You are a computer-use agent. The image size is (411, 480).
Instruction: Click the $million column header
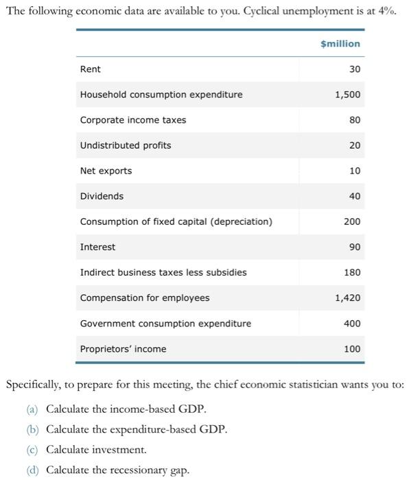[x=340, y=44]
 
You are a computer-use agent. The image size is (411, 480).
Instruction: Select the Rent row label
[x=91, y=69]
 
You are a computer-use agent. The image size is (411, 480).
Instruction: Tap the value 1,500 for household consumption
[x=347, y=95]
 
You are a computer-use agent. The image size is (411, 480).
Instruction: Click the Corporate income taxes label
[x=133, y=120]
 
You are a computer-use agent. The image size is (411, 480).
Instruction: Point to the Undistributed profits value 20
[x=354, y=145]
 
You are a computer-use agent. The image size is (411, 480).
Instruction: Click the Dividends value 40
[x=354, y=196]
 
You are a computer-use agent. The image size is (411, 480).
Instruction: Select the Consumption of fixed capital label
[x=176, y=221]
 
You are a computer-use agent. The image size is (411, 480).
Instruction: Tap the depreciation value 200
[x=351, y=221]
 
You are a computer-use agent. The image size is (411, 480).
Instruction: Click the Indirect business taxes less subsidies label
[x=163, y=272]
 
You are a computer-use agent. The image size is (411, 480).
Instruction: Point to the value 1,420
[x=347, y=298]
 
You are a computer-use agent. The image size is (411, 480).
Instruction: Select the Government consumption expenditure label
[x=165, y=323]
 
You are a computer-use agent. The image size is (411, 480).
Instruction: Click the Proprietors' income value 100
[x=351, y=349]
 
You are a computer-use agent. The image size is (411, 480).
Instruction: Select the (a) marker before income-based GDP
[x=32, y=409]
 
